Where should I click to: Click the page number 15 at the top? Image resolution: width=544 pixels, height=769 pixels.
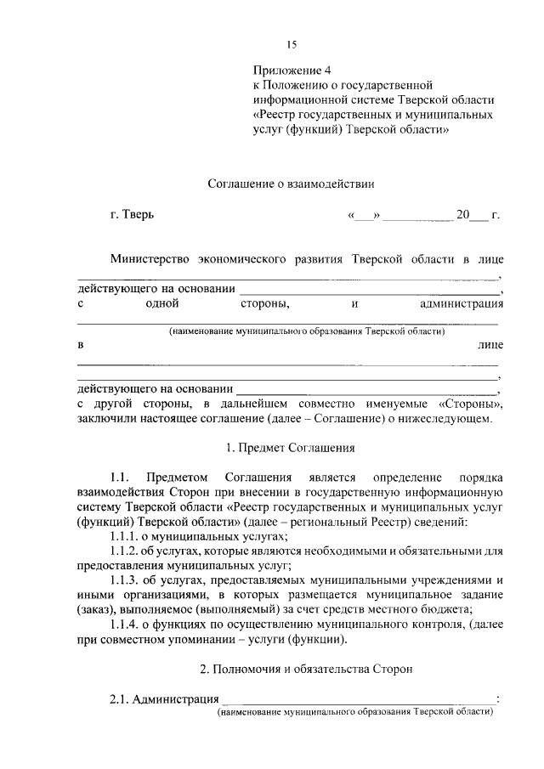click(x=292, y=44)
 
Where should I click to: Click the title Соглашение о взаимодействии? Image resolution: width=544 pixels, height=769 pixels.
click(x=291, y=182)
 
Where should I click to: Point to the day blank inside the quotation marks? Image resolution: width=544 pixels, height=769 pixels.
click(x=363, y=216)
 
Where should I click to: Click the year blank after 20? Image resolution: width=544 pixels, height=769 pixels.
click(x=479, y=216)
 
